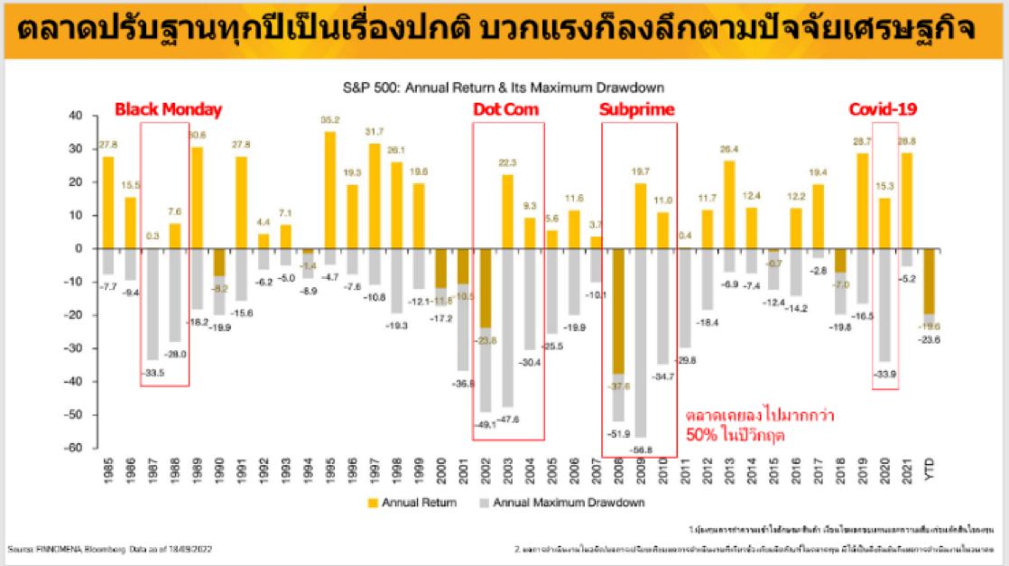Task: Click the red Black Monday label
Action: [167, 109]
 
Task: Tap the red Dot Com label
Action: [506, 109]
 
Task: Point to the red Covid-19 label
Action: [884, 109]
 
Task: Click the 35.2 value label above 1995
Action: [329, 120]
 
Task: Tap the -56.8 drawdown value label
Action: [641, 448]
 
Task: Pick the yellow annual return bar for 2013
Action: [728, 204]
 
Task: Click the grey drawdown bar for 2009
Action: [641, 343]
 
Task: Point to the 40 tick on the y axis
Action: [77, 116]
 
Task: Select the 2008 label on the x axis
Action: [618, 470]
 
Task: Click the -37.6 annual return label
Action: [618, 385]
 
